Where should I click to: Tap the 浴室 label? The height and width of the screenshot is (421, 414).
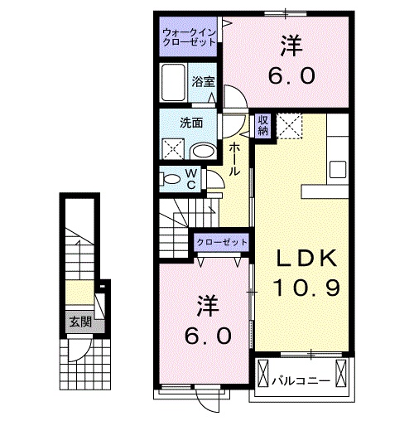pos(204,81)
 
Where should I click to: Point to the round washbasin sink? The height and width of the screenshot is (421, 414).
pos(201,151)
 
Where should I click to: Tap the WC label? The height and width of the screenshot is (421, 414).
pos(190,178)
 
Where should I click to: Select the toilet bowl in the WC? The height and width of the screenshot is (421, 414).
pos(171,178)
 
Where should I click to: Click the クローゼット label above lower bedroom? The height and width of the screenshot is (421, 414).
pos(222,241)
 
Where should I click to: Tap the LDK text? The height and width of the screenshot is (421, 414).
pos(307,259)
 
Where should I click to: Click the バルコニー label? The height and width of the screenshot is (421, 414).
pos(301,380)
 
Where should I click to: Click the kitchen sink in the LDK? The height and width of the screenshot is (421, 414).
pos(337,168)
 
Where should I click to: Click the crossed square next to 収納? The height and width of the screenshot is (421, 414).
pos(289,127)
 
